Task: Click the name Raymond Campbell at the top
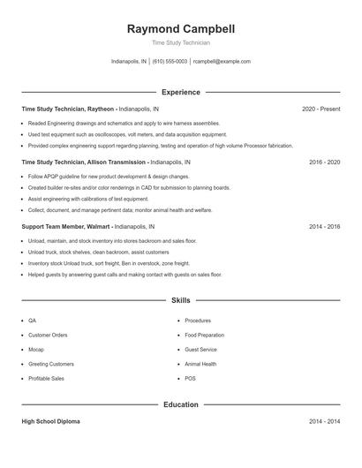181,29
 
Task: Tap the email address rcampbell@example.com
222,62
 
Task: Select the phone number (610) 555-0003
170,62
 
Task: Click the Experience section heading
181,92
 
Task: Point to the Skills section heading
181,301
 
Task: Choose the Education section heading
181,404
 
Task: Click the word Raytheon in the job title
102,109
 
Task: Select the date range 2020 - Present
321,109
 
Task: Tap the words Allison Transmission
117,162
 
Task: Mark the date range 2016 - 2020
324,162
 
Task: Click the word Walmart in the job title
100,227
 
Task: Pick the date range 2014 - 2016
324,227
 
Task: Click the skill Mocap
36,350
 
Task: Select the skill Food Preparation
205,336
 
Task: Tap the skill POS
190,378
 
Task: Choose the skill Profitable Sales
46,378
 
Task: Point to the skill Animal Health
200,364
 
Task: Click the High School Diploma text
51,422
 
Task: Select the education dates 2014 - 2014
324,422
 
